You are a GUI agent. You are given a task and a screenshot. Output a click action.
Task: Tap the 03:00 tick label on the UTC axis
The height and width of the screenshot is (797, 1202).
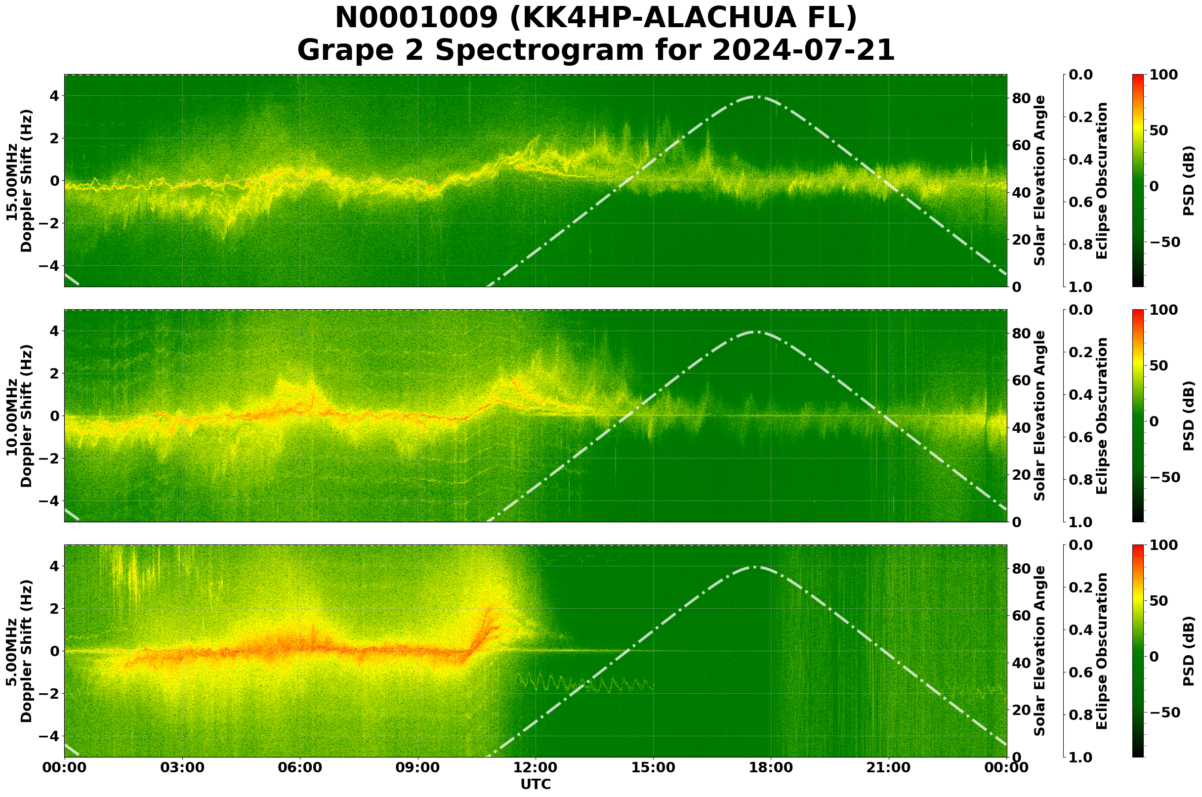point(182,768)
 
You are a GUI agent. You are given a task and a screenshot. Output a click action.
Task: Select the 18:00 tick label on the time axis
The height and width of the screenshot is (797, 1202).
point(771,768)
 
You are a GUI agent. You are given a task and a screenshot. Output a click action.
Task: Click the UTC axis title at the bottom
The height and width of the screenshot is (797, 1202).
point(536,784)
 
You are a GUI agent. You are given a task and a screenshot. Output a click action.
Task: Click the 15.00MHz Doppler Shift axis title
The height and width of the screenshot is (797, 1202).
point(19,181)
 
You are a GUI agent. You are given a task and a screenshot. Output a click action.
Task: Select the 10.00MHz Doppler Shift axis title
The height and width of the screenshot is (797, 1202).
point(19,416)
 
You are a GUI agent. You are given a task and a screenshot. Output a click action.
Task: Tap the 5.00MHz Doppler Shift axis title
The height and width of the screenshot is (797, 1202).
point(19,651)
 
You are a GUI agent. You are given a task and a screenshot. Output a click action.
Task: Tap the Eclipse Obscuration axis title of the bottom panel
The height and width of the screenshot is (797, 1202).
point(1101,651)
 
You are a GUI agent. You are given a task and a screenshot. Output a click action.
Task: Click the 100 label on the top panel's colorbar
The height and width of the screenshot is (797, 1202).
point(1163,75)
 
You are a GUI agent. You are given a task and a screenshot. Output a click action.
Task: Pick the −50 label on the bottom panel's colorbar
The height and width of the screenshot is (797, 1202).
point(1164,713)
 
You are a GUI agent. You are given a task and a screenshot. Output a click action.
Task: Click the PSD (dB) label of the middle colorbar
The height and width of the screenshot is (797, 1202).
point(1189,416)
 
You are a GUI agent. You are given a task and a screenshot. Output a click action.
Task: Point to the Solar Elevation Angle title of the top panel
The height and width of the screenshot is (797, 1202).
point(1040,181)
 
